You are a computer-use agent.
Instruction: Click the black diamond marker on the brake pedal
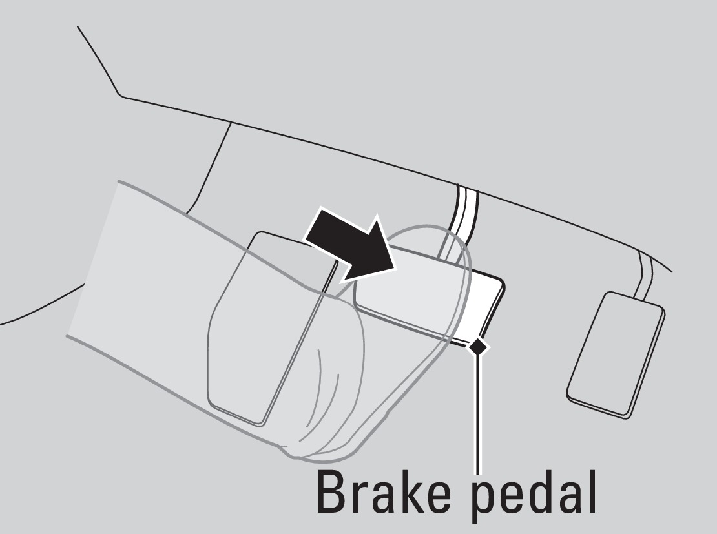point(478,347)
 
